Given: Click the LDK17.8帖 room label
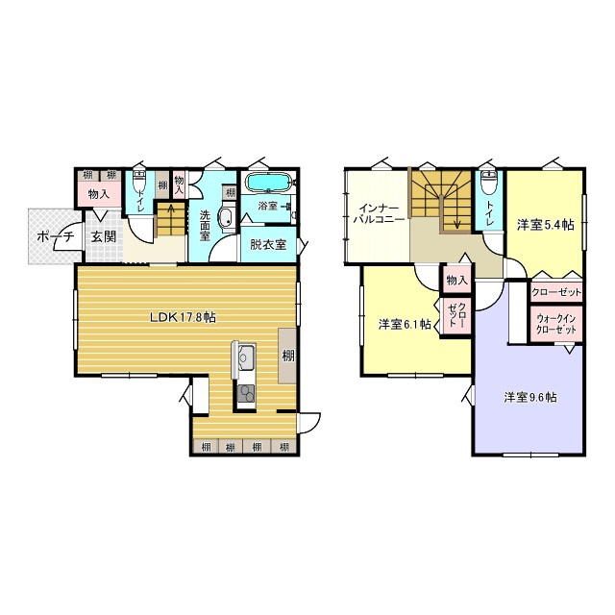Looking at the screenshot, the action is tap(183, 317).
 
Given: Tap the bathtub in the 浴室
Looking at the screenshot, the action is tap(269, 183).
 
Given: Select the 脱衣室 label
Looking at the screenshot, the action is tap(268, 245).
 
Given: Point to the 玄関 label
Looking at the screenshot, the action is tap(104, 236).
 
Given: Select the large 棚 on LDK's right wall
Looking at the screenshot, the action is tap(287, 356).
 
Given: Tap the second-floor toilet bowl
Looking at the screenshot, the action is tap(489, 183).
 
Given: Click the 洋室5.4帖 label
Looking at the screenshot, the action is tap(545, 225).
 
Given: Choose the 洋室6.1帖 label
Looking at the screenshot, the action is tap(405, 325).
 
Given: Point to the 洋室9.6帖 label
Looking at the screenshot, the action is tap(529, 397).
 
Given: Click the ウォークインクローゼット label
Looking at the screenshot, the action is tap(556, 324).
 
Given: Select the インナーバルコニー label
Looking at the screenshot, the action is tap(379, 213).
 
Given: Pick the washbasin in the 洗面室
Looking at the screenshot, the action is tap(226, 217).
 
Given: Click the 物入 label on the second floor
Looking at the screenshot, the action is tap(457, 280).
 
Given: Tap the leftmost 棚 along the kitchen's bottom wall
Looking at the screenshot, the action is tap(206, 447).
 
